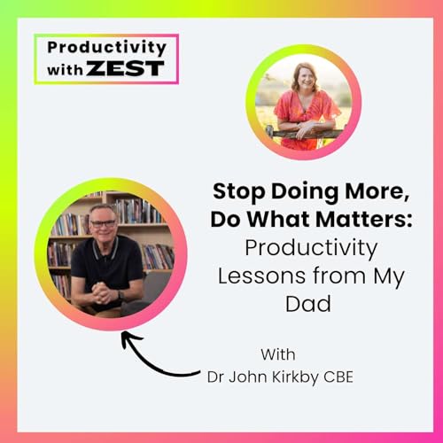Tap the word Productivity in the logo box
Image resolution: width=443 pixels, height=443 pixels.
click(105, 47)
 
